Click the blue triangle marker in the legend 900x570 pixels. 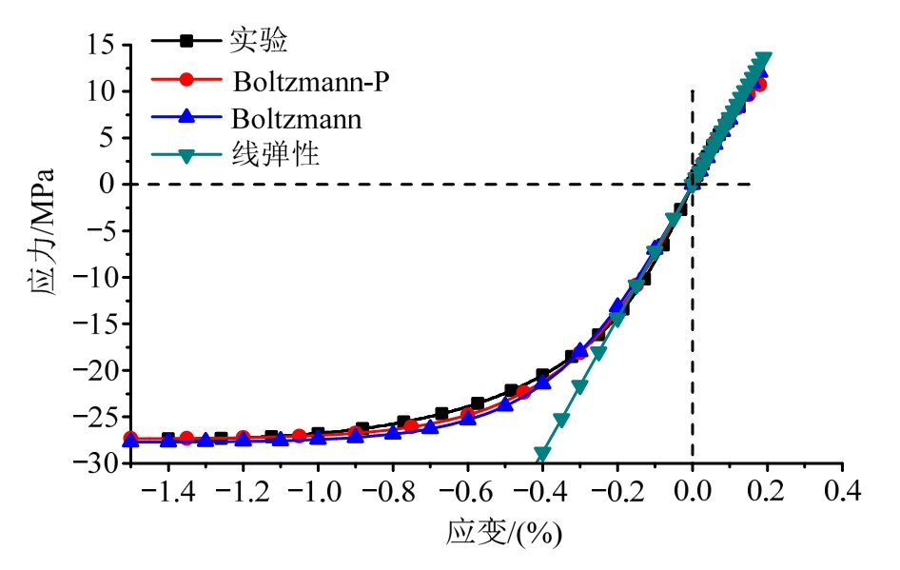tap(186, 118)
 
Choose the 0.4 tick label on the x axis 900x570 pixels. tap(842, 492)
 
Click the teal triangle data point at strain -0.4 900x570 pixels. tap(542, 454)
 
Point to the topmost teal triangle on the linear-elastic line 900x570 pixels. tap(762, 59)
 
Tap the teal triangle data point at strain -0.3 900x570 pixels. tap(579, 387)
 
